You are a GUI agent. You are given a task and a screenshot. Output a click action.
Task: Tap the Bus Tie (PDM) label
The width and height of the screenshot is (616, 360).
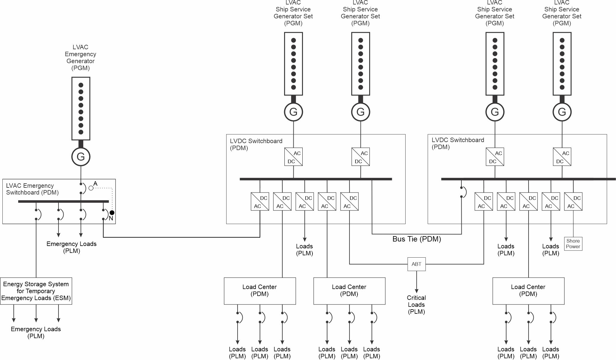pyautogui.click(x=417, y=239)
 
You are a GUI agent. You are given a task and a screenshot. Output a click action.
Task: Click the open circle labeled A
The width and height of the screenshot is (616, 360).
pyautogui.click(x=91, y=188)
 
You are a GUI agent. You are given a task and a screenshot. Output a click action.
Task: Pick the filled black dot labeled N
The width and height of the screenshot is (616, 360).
pyautogui.click(x=112, y=213)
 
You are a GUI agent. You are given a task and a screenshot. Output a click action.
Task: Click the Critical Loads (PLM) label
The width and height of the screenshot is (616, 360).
pyautogui.click(x=416, y=305)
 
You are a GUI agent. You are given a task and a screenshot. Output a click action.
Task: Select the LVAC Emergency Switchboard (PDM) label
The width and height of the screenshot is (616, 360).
pyautogui.click(x=32, y=189)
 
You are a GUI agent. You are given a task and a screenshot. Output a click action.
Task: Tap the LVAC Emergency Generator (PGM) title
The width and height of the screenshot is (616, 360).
pyautogui.click(x=81, y=58)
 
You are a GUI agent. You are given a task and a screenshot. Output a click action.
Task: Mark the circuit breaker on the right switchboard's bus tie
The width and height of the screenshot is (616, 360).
pyautogui.click(x=463, y=192)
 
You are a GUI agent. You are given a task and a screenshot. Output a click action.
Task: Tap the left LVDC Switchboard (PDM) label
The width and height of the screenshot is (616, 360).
pyautogui.click(x=256, y=144)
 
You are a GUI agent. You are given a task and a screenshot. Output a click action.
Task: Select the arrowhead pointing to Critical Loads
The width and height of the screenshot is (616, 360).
pyautogui.click(x=416, y=291)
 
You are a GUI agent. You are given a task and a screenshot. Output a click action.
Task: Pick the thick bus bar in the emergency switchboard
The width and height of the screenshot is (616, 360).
pyautogui.click(x=63, y=201)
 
